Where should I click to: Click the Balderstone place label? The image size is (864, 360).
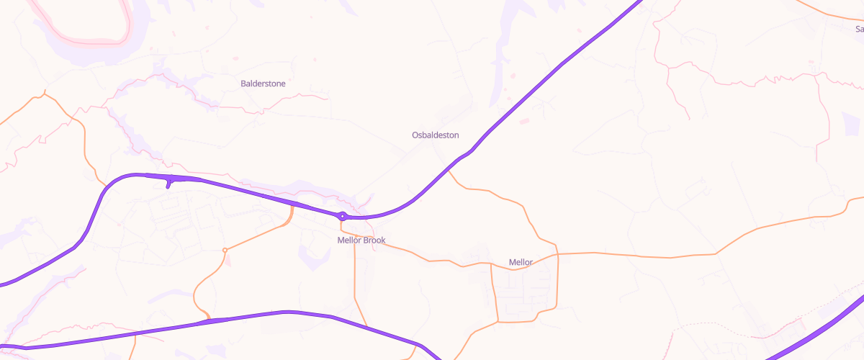point(263,84)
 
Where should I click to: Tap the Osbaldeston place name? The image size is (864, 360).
point(435,135)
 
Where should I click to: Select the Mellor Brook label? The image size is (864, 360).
point(361,240)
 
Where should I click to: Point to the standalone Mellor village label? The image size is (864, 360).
point(521,262)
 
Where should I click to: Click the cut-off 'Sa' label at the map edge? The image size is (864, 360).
point(859,29)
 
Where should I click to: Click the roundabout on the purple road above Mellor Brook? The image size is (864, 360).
point(343,215)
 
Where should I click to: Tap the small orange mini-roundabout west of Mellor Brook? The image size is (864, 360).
point(225,250)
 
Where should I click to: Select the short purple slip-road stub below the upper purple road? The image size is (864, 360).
point(168,183)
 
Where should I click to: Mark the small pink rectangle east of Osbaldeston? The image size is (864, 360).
point(524,121)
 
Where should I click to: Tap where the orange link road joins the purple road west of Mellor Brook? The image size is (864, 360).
point(293,205)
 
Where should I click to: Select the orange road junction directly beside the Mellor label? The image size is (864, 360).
point(490,264)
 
